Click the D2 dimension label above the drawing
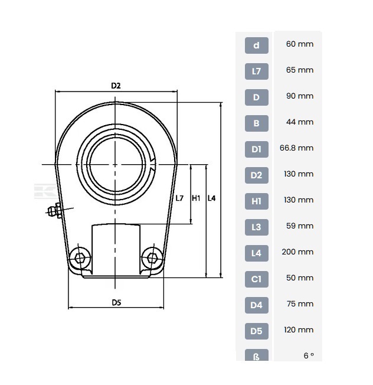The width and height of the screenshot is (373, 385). point(116,86)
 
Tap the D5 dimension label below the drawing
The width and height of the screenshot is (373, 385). point(117,302)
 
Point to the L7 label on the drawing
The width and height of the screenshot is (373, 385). point(179,198)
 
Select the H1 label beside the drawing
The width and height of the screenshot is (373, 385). point(196,198)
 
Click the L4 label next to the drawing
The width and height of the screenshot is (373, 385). point(211,198)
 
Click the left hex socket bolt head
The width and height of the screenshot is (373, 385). point(80,258)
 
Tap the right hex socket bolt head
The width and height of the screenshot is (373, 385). point(152,258)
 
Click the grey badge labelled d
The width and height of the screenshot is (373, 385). point(256,45)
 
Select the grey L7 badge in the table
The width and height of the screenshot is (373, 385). point(256,71)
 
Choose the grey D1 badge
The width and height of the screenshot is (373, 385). point(256,149)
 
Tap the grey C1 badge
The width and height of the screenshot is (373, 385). point(256,279)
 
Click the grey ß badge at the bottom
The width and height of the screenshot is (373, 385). point(256,355)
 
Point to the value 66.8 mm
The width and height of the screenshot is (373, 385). point(296,148)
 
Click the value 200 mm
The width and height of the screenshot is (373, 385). point(297,252)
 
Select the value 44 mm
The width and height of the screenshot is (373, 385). point(300,122)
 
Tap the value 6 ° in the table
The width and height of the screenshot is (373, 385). point(309,355)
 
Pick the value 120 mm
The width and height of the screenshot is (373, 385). point(299,329)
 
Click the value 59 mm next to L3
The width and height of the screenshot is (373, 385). point(300,226)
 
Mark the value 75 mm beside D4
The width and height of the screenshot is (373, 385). point(300,304)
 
